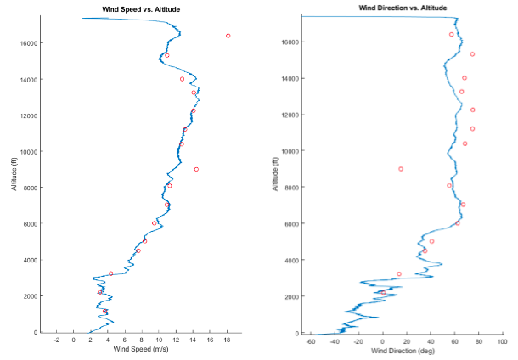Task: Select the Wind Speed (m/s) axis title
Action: point(138,349)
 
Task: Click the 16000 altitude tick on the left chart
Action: point(28,43)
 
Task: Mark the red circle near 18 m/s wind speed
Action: point(228,36)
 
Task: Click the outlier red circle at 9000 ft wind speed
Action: point(195,169)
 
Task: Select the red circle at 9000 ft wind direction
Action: point(401,169)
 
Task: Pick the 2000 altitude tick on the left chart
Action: point(30,296)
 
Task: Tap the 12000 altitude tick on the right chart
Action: point(291,115)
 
